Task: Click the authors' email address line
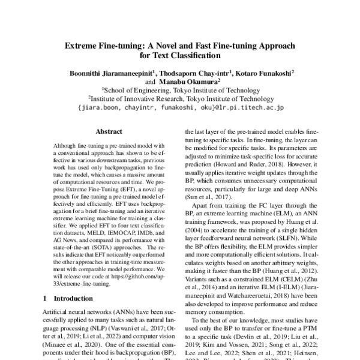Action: tap(180, 109)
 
